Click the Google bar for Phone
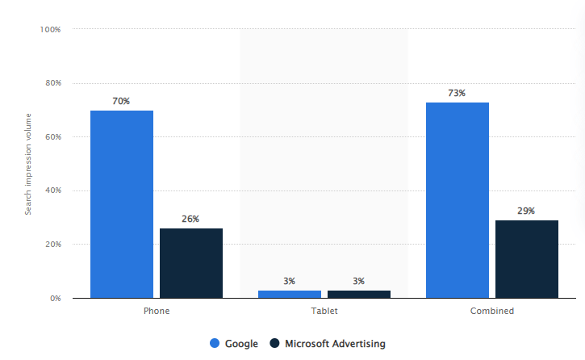pyautogui.click(x=121, y=204)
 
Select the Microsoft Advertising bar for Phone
pyautogui.click(x=190, y=263)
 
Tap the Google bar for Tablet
pyautogui.click(x=289, y=294)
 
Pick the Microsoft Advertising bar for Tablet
pyautogui.click(x=358, y=294)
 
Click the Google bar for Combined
pyautogui.click(x=457, y=200)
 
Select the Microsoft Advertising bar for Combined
pyautogui.click(x=526, y=259)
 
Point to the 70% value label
pyautogui.click(x=121, y=101)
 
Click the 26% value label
pyautogui.click(x=190, y=219)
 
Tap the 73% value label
pyautogui.click(x=457, y=93)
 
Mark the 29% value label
pyautogui.click(x=526, y=211)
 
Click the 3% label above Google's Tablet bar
pyautogui.click(x=289, y=281)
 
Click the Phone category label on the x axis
pyautogui.click(x=156, y=311)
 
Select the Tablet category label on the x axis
pyautogui.click(x=324, y=311)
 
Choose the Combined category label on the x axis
pyautogui.click(x=491, y=311)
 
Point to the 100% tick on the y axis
pyautogui.click(x=50, y=30)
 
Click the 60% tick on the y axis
pyautogui.click(x=52, y=137)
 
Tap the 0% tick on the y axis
pyautogui.click(x=55, y=299)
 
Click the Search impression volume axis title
pyautogui.click(x=28, y=164)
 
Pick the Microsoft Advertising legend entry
pyautogui.click(x=327, y=344)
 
